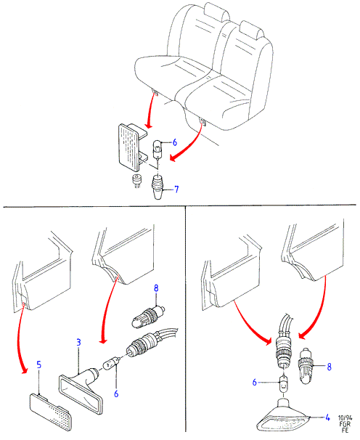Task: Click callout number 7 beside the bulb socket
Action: [x=176, y=189]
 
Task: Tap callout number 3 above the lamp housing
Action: [x=78, y=342]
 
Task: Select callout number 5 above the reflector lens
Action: [x=38, y=364]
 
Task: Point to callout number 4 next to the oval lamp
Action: [x=327, y=417]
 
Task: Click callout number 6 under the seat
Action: [x=174, y=142]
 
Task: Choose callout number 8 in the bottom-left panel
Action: [x=156, y=288]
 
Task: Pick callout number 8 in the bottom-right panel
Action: [x=329, y=367]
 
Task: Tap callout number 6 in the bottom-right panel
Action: [x=255, y=382]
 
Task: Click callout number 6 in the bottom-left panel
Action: [x=116, y=394]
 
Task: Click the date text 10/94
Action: [x=345, y=417]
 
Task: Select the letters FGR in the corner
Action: [x=345, y=424]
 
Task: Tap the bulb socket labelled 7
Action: [x=158, y=187]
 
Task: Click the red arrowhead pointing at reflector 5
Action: [x=24, y=370]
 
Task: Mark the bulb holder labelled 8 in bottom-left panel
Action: [x=148, y=317]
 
